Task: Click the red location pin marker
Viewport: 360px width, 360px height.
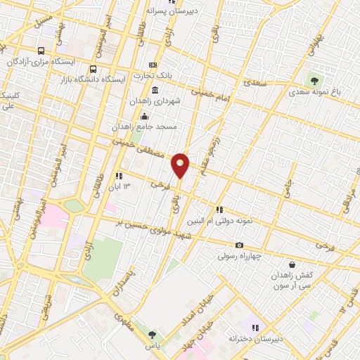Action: tap(181, 165)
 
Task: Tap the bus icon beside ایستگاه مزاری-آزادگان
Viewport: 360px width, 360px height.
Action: tap(41, 51)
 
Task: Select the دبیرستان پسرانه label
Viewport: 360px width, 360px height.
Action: tap(172, 11)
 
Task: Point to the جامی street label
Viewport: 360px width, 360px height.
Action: tap(285, 191)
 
